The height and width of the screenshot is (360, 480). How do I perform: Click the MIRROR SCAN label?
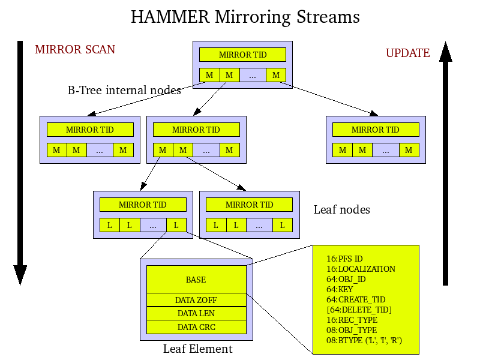tap(75, 49)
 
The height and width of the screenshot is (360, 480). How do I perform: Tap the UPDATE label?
tap(407, 53)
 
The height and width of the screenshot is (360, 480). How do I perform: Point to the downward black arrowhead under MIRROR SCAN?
tap(20, 275)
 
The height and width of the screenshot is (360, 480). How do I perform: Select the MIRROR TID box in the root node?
tap(243, 55)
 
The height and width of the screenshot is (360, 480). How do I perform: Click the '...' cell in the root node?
tap(253, 75)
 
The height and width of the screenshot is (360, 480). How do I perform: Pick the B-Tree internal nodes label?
tap(124, 91)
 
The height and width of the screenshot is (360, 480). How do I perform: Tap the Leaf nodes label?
tap(342, 209)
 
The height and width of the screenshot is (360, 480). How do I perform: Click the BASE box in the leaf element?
tap(196, 280)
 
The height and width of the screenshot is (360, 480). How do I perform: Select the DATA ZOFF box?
tap(196, 299)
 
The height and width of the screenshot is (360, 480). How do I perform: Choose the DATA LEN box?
tap(196, 313)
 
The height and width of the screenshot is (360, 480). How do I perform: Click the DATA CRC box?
tap(196, 327)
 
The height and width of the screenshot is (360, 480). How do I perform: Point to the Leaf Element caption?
tap(197, 349)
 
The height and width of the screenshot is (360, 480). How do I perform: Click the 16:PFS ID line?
tap(344, 259)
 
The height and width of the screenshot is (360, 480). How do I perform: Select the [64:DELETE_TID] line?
tap(359, 310)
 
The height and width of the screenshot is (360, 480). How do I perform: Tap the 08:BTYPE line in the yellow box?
tap(364, 340)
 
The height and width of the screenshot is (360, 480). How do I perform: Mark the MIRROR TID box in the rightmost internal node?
tap(376, 130)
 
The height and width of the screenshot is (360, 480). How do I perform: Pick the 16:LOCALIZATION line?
tap(361, 269)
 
